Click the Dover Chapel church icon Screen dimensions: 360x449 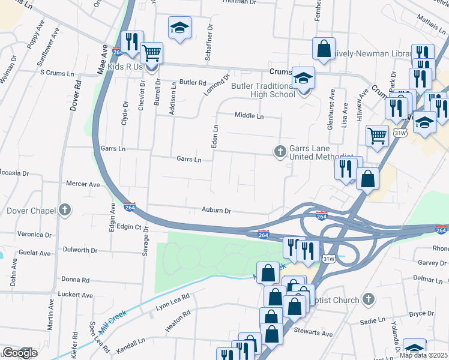[x=65, y=211]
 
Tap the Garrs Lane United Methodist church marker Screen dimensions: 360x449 [x=280, y=152]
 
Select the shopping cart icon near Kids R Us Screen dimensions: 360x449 [x=152, y=54]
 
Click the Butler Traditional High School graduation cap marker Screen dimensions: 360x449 [x=304, y=78]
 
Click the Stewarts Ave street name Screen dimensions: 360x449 [x=313, y=334]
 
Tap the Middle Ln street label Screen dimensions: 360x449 [x=249, y=115]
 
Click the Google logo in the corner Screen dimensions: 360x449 [x=19, y=353]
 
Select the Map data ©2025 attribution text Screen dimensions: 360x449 [x=423, y=355]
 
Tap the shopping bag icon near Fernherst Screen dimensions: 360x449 [x=324, y=50]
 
